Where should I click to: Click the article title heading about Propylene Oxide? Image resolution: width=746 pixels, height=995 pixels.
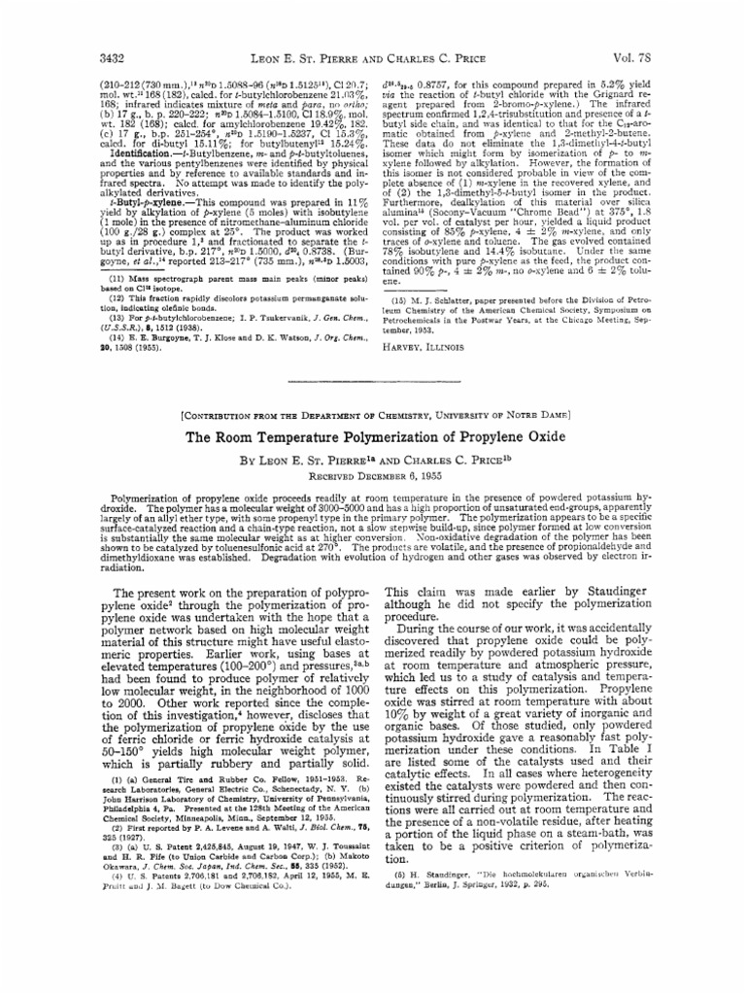click(x=373, y=438)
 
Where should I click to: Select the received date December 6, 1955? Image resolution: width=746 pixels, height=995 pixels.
click(x=373, y=475)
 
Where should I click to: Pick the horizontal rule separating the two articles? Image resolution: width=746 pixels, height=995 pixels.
click(x=373, y=382)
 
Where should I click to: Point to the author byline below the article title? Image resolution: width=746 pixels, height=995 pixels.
click(x=373, y=459)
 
